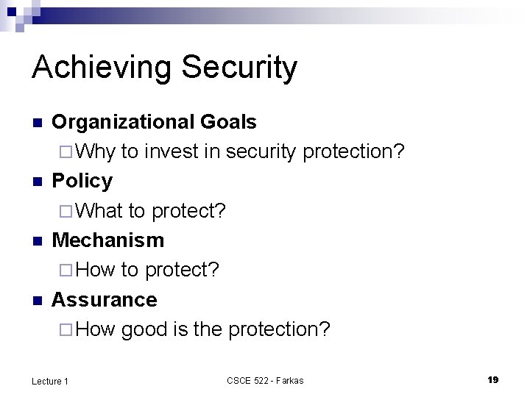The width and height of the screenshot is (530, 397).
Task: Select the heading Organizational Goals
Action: [x=154, y=121]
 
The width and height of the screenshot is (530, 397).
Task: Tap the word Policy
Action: [x=82, y=181]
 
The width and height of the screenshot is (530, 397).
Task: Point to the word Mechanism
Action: [x=107, y=240]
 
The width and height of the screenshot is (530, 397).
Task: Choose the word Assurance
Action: [x=104, y=299]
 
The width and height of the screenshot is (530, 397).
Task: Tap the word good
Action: [x=145, y=329]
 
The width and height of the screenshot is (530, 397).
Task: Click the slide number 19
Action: [x=492, y=379]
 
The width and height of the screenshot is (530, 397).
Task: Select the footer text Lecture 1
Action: [x=50, y=380]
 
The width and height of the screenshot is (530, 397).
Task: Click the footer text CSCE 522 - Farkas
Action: [x=265, y=380]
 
